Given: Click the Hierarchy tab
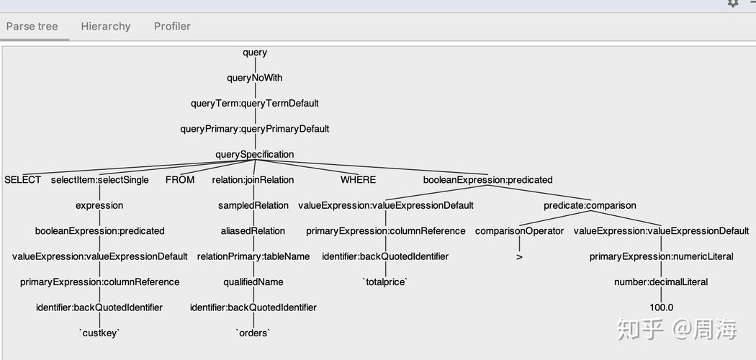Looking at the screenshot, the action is pyautogui.click(x=106, y=26).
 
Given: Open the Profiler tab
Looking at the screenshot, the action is pyautogui.click(x=172, y=26).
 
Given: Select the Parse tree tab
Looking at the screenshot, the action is pyautogui.click(x=32, y=26).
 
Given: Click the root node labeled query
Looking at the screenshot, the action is pyautogui.click(x=255, y=53).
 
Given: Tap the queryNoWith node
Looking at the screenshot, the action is pyautogui.click(x=255, y=78).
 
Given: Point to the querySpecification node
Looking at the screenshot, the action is pyautogui.click(x=255, y=155).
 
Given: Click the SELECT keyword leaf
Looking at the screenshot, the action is pyautogui.click(x=22, y=180).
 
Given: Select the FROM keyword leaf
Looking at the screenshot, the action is pyautogui.click(x=180, y=180).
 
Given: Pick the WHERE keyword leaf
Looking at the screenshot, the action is pyautogui.click(x=358, y=180).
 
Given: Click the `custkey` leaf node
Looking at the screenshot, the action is pyautogui.click(x=99, y=333).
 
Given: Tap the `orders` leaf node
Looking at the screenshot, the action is pyautogui.click(x=253, y=333).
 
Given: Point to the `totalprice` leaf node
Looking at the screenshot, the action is pyautogui.click(x=385, y=282).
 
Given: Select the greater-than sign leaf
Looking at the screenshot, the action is pyautogui.click(x=519, y=257).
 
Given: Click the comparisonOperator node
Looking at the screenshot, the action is pyautogui.click(x=519, y=231).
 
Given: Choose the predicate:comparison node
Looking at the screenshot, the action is pyautogui.click(x=590, y=206).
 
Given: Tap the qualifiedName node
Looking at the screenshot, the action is pyautogui.click(x=253, y=282).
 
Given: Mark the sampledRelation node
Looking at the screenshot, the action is pyautogui.click(x=253, y=206).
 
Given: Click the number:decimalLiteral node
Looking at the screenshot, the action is pyautogui.click(x=661, y=282).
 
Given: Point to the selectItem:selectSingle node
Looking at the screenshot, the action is pyautogui.click(x=100, y=180).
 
